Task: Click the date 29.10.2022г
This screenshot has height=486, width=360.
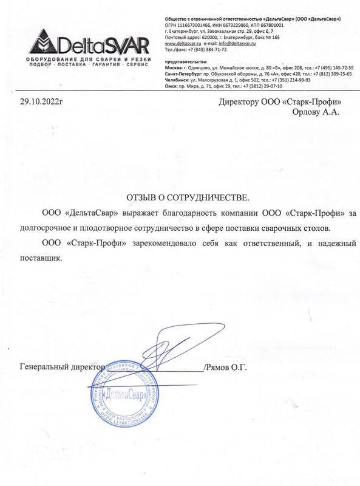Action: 42,102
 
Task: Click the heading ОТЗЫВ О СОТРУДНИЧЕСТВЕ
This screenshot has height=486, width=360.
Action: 187,198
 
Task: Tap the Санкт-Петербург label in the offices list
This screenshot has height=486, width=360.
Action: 183,74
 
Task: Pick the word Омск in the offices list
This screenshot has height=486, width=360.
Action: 171,86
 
